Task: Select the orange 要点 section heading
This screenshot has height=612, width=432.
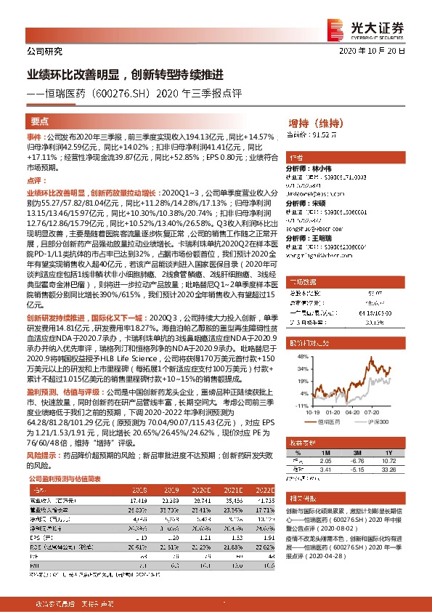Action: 41,121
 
